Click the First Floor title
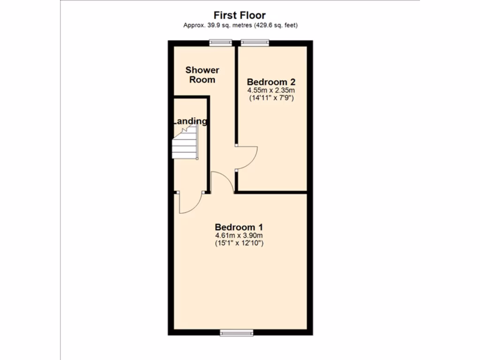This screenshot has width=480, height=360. click(240, 15)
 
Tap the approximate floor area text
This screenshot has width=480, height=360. click(240, 25)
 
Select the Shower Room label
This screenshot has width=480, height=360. click(202, 75)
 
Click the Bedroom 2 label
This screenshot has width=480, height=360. click(271, 81)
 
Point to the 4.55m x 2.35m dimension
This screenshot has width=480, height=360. click(271, 90)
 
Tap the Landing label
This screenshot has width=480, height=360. click(189, 121)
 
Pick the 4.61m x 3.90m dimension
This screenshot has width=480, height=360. click(239, 235)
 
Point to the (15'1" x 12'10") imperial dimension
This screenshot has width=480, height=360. click(239, 243)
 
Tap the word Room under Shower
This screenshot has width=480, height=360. click(202, 80)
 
